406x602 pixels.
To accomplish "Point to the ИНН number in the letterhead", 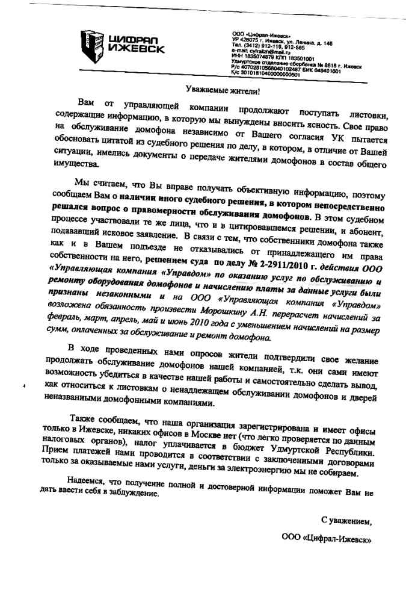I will pos(259,57).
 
